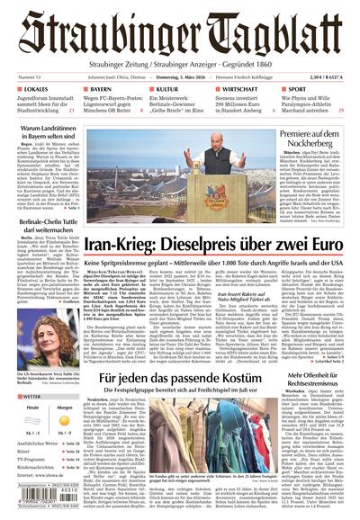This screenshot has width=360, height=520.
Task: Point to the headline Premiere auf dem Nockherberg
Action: coord(308,139)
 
